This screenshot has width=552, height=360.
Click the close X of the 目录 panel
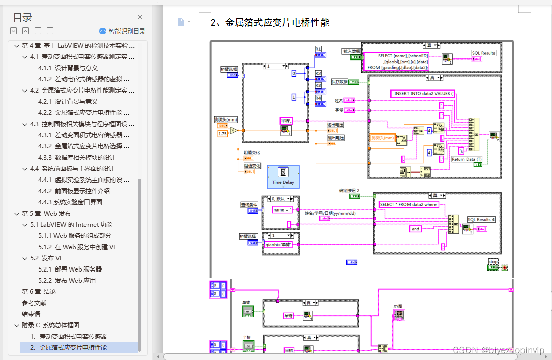(140, 17)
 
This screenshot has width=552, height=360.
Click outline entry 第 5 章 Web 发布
(46, 213)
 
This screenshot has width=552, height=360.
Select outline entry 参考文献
(34, 303)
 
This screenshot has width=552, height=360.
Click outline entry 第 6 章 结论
(39, 291)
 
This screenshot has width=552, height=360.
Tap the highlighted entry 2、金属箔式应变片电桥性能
(68, 347)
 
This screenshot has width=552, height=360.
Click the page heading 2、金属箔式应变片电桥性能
(270, 23)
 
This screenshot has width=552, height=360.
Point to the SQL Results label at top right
(483, 53)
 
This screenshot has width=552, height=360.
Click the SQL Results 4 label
(481, 219)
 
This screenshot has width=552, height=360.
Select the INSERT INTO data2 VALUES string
(423, 94)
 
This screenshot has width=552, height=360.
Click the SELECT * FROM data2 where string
(409, 204)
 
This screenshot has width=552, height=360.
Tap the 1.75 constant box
(223, 134)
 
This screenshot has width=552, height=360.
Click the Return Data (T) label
(467, 159)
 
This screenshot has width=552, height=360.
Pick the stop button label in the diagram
(492, 262)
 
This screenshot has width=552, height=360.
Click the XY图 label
(398, 306)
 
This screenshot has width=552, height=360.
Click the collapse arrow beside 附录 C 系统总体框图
(16, 325)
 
